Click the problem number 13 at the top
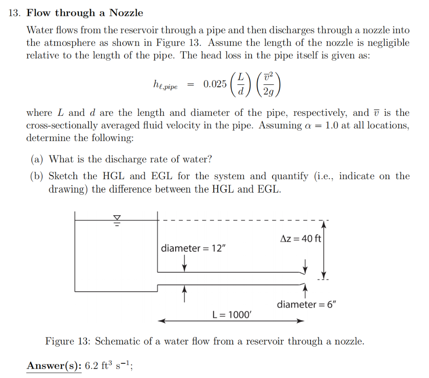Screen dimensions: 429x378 tap(14, 13)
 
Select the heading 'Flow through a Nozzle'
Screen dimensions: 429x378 tap(85, 13)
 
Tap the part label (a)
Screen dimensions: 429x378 tap(38, 159)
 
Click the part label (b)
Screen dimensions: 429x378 tap(38, 177)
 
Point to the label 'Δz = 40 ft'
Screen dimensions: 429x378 tap(300, 239)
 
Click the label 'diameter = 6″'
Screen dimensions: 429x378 tap(307, 304)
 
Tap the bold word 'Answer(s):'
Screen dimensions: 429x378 tap(54, 366)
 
